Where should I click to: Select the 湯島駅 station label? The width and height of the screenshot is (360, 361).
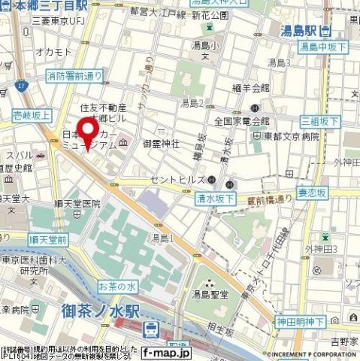coord(305,31)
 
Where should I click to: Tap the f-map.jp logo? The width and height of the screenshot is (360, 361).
coord(167,350)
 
